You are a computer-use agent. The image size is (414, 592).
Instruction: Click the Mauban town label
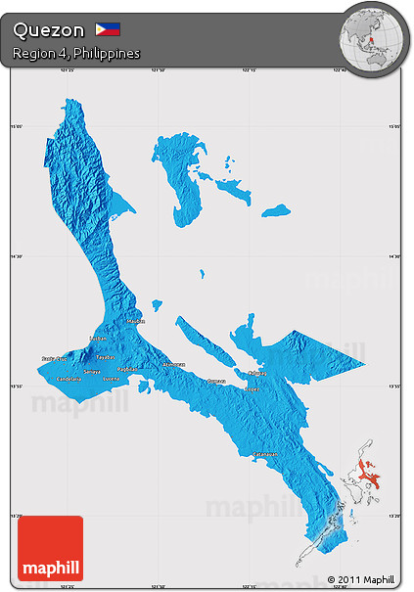[x=136, y=320]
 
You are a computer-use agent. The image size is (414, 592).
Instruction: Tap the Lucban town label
[x=98, y=339]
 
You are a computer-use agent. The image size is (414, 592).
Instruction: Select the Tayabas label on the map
[x=105, y=357]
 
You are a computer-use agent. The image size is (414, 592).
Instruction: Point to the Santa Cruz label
[x=54, y=359]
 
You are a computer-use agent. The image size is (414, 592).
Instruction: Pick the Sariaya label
[x=91, y=372]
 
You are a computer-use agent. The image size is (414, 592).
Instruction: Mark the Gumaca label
[x=216, y=381]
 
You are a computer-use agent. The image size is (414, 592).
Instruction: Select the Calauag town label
[x=256, y=373]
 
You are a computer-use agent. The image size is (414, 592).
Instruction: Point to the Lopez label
[x=252, y=387]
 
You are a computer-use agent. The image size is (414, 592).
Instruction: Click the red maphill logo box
[x=51, y=548]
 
